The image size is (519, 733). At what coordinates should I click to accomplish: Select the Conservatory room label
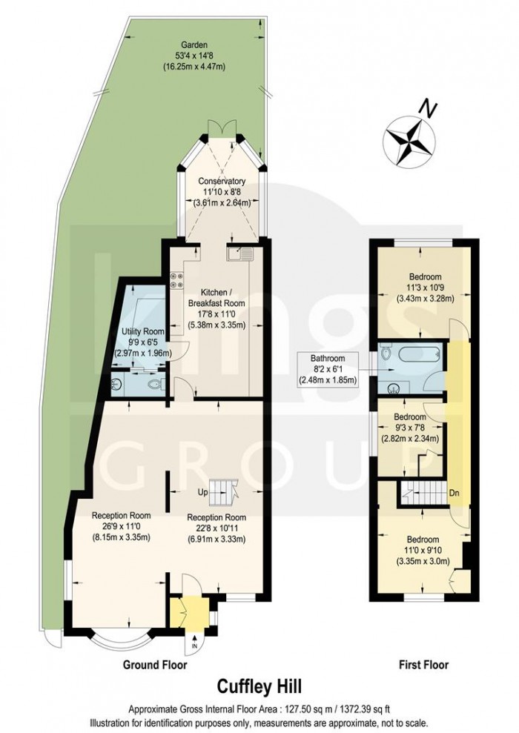coord(221,192)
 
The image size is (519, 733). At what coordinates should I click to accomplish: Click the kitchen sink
coord(242,256)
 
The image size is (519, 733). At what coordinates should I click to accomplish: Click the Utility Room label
coord(142,344)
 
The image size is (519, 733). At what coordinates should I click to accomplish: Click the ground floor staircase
coord(222,488)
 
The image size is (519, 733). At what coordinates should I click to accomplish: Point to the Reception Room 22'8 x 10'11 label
coord(216,528)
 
